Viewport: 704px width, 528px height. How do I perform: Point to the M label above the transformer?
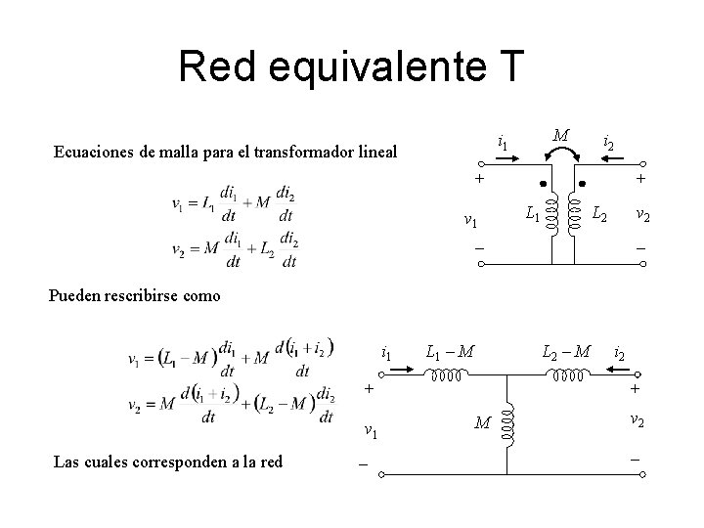pyautogui.click(x=559, y=134)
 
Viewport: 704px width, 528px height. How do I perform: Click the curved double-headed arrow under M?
pyautogui.click(x=559, y=154)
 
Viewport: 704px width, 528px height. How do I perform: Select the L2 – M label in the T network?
pyautogui.click(x=566, y=349)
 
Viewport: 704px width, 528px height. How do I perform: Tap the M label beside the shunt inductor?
pyautogui.click(x=481, y=423)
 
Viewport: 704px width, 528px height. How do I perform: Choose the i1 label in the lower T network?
pyautogui.click(x=387, y=351)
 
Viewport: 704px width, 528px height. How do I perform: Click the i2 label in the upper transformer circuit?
pyautogui.click(x=609, y=144)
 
